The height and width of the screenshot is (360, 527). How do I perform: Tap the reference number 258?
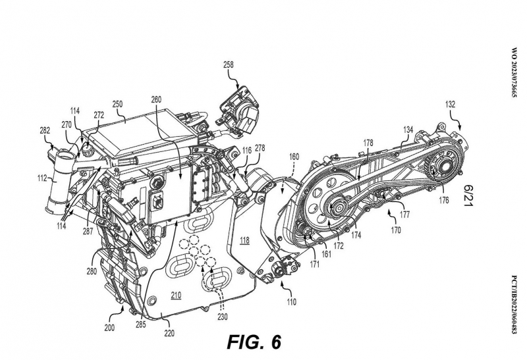point(229,64)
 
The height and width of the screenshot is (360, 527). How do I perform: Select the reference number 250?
point(117,104)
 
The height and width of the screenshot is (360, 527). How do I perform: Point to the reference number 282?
point(44,132)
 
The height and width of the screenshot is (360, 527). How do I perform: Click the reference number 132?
point(451,104)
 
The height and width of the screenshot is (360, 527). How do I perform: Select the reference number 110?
point(290,301)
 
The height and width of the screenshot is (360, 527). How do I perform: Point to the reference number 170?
point(396,231)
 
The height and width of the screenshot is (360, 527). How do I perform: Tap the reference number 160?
point(294,157)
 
